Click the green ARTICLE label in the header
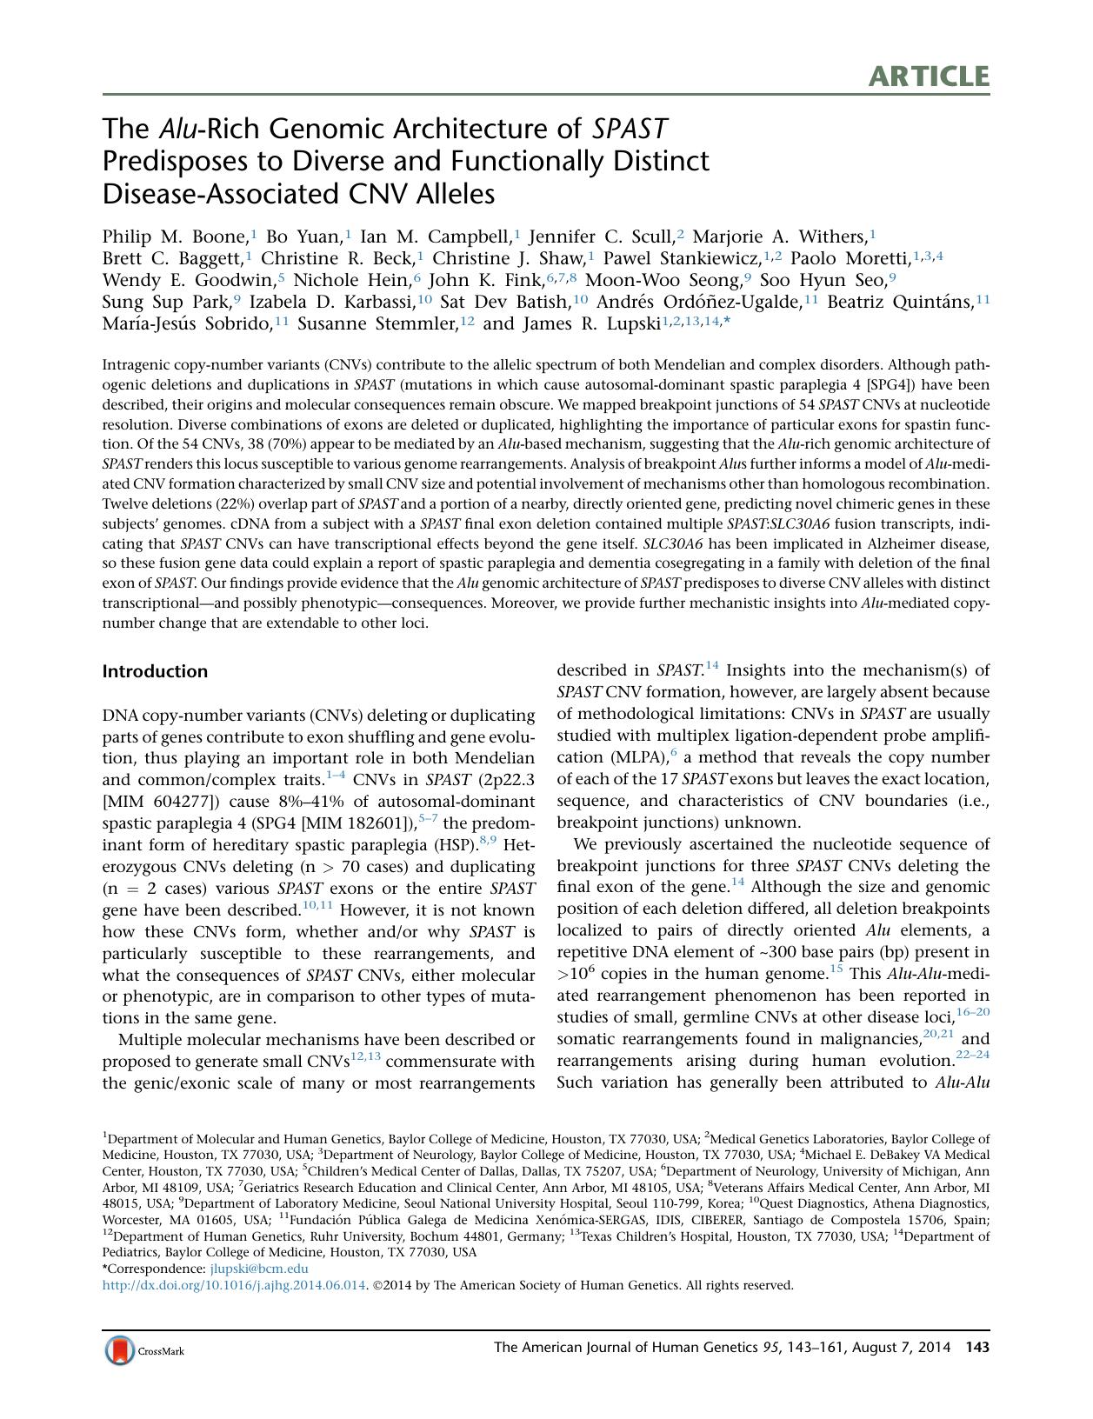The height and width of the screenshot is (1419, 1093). click(928, 77)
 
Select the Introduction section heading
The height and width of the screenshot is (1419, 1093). click(155, 671)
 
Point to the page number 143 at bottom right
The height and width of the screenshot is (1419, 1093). click(977, 1348)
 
